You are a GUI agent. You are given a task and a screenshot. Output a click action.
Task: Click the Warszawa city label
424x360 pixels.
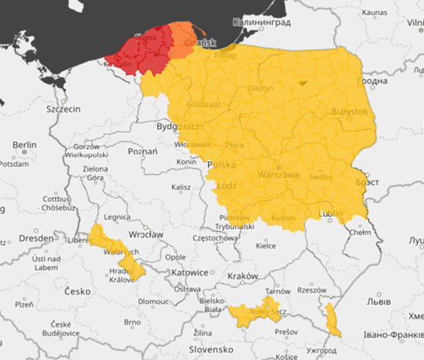pyautogui.click(x=279, y=176)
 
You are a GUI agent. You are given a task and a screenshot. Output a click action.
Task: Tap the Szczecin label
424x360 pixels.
pyautogui.click(x=62, y=108)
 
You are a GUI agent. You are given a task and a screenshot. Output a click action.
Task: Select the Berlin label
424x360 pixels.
pyautogui.click(x=24, y=145)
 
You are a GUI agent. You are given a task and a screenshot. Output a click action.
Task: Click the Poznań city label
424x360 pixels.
pyautogui.click(x=143, y=151)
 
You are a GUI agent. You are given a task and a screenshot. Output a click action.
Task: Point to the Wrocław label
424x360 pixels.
pyautogui.click(x=146, y=234)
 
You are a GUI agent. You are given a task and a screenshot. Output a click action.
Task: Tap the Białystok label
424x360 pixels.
pyautogui.click(x=349, y=112)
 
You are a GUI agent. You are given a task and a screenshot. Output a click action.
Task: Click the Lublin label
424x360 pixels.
pyautogui.click(x=331, y=214)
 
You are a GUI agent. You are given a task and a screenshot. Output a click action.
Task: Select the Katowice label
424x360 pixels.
pyautogui.click(x=190, y=273)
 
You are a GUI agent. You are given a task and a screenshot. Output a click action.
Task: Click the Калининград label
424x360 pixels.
pyautogui.click(x=262, y=23)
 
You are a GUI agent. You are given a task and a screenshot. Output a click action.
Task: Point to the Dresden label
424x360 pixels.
pyautogui.click(x=36, y=238)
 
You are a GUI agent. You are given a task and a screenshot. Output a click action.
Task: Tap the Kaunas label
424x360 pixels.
pyautogui.click(x=374, y=12)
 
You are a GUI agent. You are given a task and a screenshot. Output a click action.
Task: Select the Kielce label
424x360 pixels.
pyautogui.click(x=265, y=245)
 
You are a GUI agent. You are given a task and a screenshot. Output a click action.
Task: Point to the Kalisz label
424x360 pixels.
pyautogui.click(x=180, y=187)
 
